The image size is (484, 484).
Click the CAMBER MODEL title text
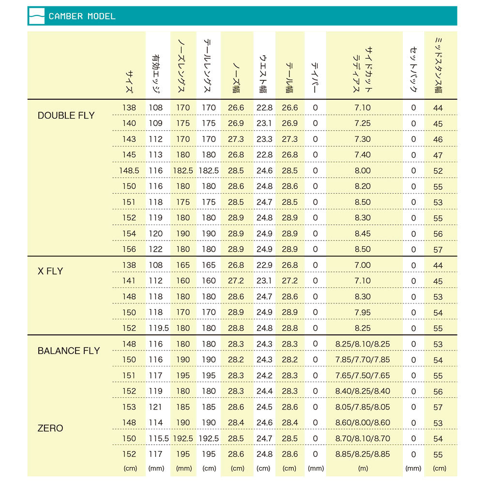[82, 16]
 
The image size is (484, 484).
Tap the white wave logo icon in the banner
[37, 16]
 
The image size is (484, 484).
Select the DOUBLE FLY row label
[66, 116]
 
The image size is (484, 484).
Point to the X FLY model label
[50, 271]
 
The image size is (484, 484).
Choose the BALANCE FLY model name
[68, 351]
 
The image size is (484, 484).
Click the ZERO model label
[50, 428]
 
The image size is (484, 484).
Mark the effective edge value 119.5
[158, 328]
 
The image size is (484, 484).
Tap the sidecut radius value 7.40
[363, 155]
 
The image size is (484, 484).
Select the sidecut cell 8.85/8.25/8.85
[363, 454]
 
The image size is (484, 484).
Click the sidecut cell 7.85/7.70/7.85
[363, 360]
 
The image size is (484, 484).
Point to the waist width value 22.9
[264, 265]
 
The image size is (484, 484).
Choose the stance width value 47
[438, 155]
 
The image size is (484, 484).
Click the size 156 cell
[129, 249]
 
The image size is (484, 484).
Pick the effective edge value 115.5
[158, 439]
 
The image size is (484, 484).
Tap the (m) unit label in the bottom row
[363, 469]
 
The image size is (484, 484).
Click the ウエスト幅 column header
[264, 73]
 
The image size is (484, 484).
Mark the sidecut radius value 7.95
[363, 312]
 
